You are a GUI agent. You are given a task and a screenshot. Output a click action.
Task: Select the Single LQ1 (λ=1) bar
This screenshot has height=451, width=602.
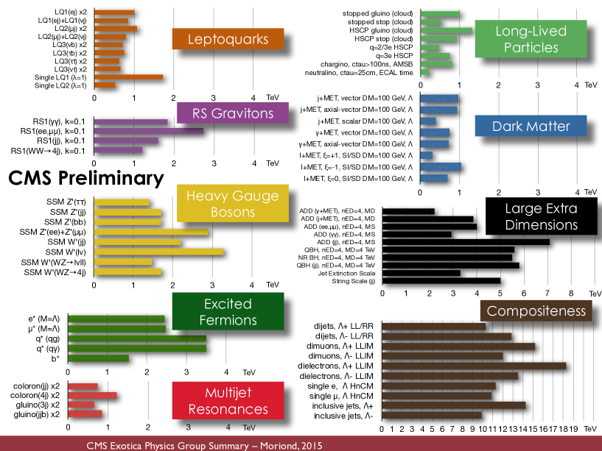click(128, 77)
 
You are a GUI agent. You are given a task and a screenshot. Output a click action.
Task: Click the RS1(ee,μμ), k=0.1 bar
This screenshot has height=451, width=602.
click(148, 131)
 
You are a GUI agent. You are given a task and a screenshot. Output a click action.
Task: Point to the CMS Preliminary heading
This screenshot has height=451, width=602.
click(85, 178)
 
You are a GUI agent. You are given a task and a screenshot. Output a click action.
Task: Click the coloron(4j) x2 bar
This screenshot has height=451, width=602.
click(92, 396)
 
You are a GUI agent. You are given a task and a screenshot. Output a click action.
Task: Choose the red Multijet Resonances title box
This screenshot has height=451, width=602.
click(228, 400)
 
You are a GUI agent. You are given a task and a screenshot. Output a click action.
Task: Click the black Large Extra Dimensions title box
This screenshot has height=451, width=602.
click(540, 216)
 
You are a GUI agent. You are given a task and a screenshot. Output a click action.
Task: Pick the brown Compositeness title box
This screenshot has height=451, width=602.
click(536, 310)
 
